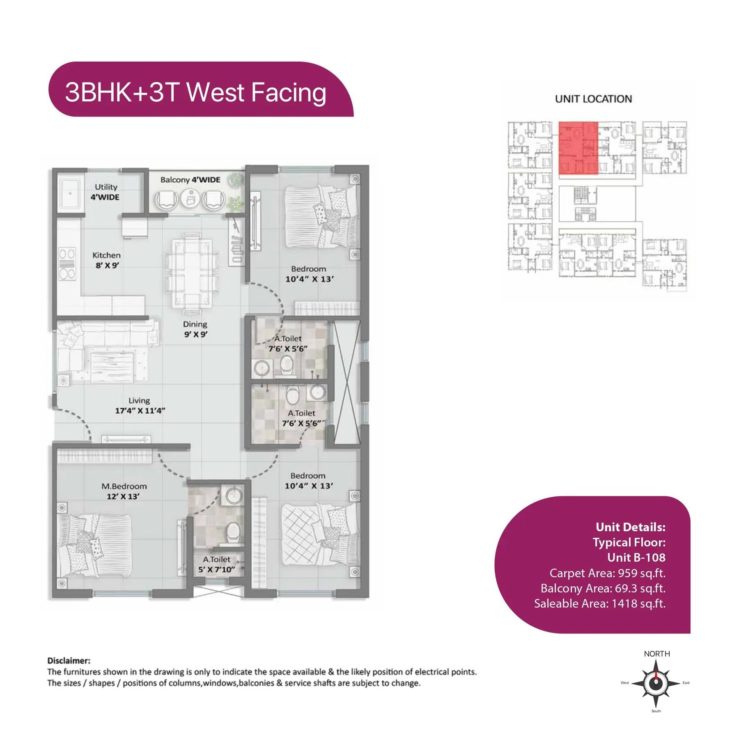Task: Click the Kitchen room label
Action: coord(106,255)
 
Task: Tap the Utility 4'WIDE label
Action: coord(106,192)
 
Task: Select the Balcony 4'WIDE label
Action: coord(190,180)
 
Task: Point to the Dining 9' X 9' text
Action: coord(195,329)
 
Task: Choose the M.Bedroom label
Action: coord(124,486)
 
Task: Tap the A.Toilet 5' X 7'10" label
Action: coord(216,565)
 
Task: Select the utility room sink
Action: coord(70,193)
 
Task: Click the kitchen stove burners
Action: coord(67,264)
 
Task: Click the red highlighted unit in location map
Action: coord(578,148)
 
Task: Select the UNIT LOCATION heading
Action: coord(593,99)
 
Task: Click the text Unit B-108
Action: coord(636,558)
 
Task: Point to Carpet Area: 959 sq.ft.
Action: coord(607,573)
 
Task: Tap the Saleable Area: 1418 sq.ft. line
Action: coord(600,604)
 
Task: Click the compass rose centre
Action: coord(656,683)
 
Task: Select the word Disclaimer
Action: coord(69,661)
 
